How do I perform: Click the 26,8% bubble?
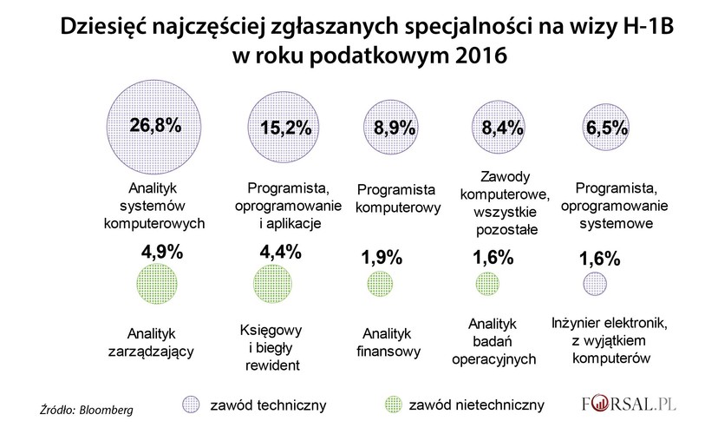[x=153, y=126]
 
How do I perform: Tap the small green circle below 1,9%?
[x=379, y=285]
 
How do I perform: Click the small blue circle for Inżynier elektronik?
[x=595, y=285]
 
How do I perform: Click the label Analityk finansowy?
[x=388, y=343]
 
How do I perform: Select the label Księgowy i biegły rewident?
[x=268, y=347]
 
